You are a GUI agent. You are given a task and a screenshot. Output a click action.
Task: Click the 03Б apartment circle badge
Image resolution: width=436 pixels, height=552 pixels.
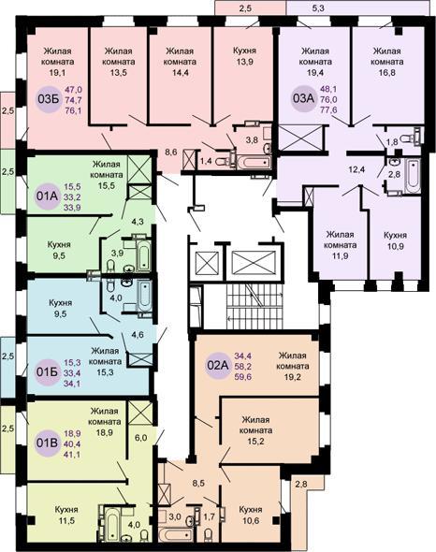tap(49, 99)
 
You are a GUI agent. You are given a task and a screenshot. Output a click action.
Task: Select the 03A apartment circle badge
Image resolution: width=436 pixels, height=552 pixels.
tap(303, 98)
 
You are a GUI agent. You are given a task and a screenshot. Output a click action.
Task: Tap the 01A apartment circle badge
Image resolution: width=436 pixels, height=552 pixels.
tap(47, 196)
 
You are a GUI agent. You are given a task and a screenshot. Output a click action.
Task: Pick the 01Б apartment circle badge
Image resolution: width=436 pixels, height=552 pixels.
tap(47, 372)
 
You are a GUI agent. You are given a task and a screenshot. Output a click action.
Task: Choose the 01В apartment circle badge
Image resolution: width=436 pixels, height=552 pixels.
tap(47, 443)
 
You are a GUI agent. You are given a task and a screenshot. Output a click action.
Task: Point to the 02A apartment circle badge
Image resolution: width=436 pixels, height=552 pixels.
tap(218, 366)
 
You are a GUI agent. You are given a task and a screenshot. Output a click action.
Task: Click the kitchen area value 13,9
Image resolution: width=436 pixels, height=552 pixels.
tap(245, 62)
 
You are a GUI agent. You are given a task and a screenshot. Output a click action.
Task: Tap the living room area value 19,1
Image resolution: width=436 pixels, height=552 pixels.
tap(58, 73)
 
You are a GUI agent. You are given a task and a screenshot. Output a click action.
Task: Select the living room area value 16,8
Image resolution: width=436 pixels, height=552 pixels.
tap(387, 73)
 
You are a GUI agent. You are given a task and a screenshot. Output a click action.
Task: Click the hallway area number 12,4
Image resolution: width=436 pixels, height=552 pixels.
tap(356, 169)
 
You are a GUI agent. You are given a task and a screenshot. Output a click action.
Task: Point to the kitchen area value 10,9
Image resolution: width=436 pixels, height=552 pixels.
tap(396, 246)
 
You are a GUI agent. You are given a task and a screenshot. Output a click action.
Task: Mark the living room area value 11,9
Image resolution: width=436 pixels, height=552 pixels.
tap(341, 256)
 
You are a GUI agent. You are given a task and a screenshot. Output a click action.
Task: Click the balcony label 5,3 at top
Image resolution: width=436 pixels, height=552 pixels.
tap(318, 8)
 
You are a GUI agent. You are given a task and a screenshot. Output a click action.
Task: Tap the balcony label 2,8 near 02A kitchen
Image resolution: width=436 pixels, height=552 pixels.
tap(301, 484)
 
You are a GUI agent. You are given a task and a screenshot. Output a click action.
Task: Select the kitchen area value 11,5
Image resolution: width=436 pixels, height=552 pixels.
tap(66, 521)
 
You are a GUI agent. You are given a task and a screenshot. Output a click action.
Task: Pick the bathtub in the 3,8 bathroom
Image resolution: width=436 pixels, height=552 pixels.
tap(254, 162)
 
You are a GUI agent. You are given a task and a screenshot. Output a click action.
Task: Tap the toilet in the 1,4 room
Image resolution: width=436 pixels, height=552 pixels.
tap(222, 162)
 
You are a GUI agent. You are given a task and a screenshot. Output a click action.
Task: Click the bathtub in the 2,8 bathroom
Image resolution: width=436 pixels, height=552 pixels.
tap(412, 176)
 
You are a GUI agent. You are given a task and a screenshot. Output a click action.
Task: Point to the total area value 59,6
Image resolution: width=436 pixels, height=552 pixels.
tap(243, 377)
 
